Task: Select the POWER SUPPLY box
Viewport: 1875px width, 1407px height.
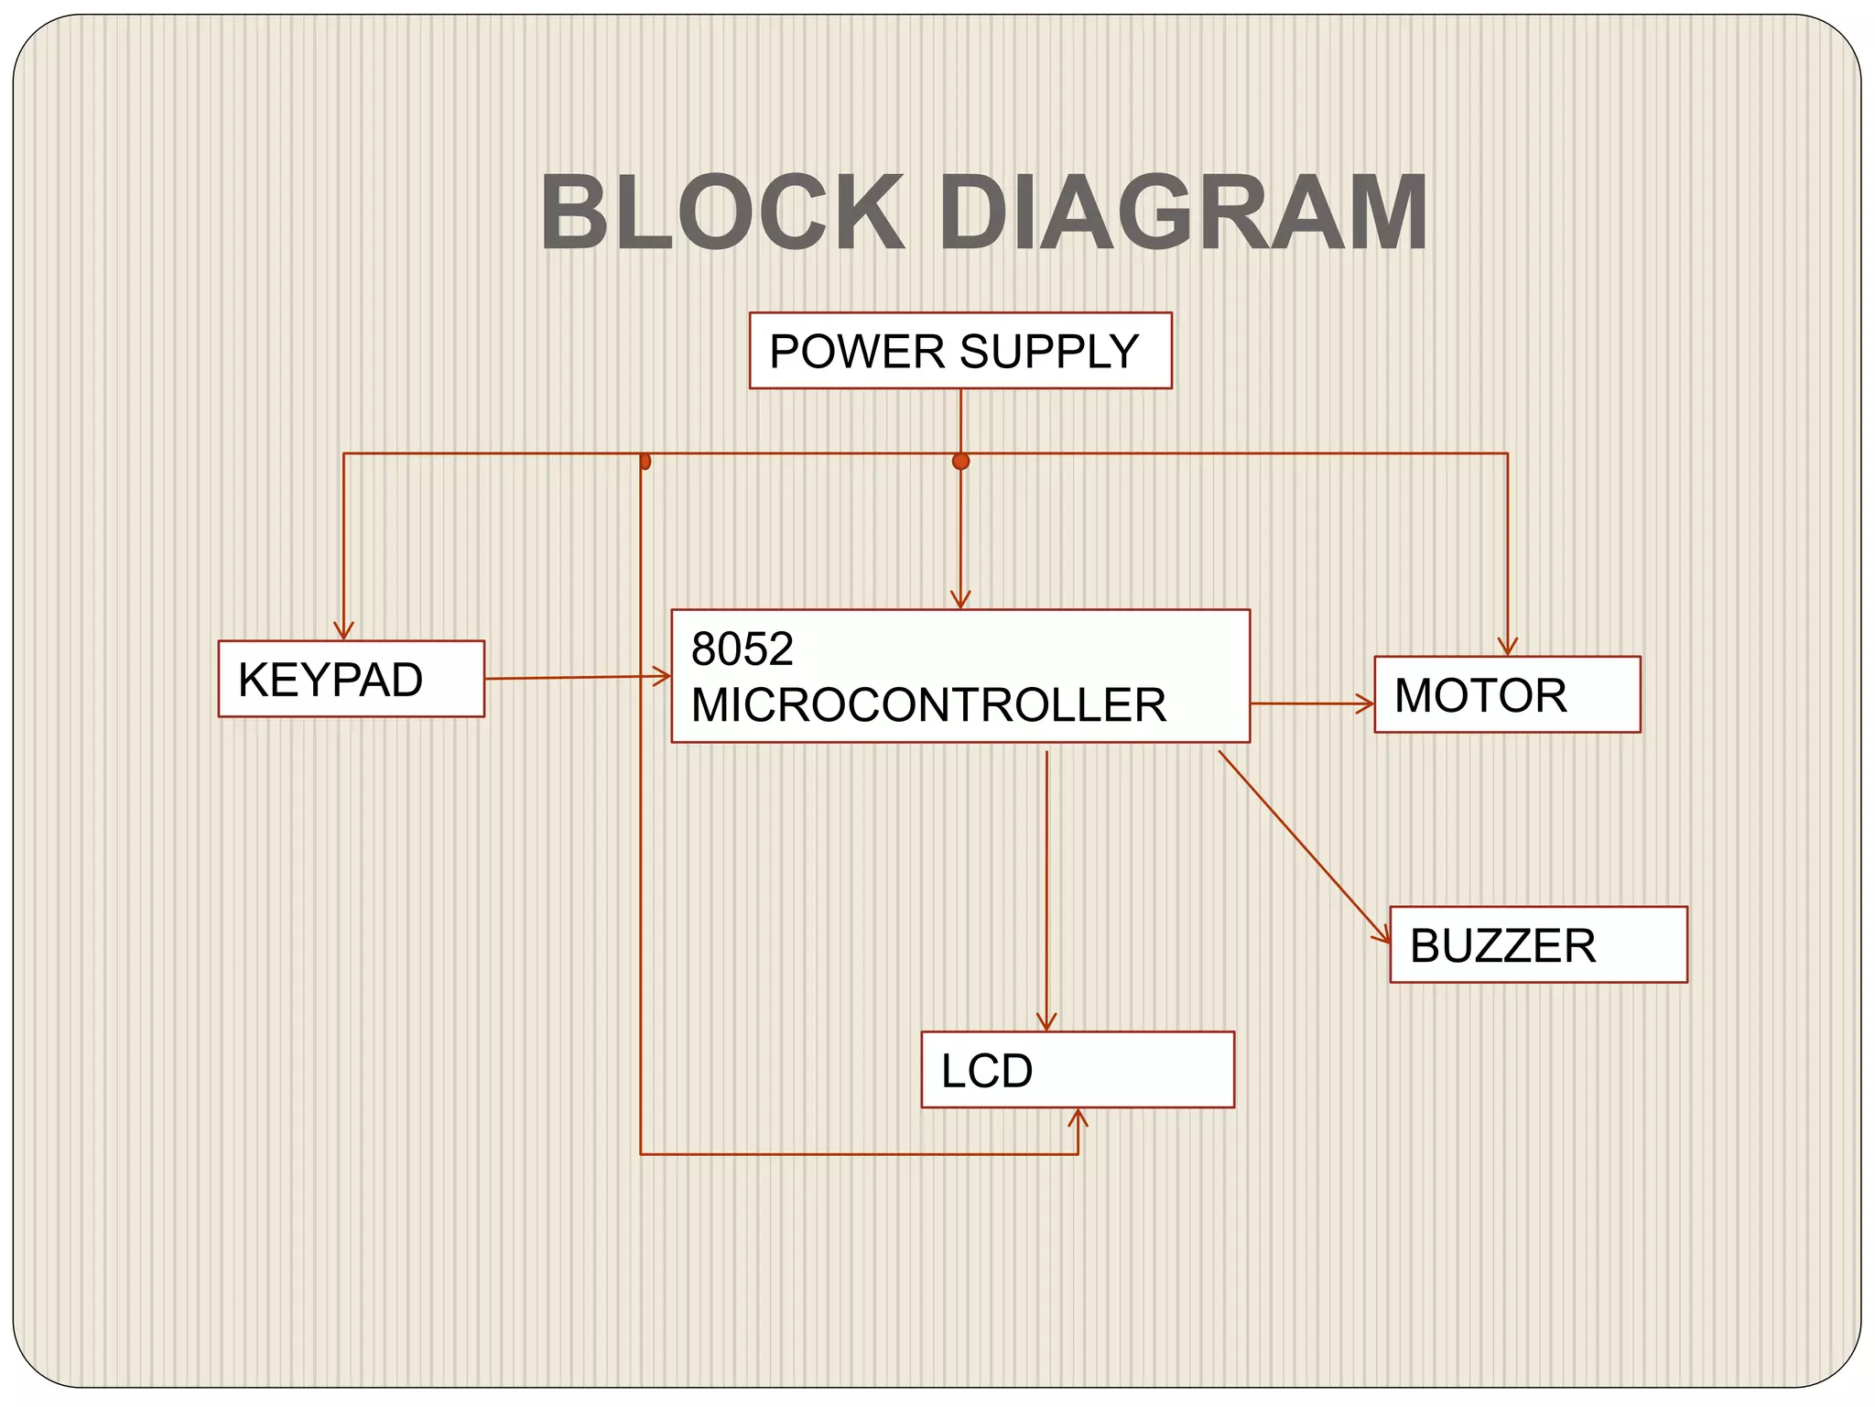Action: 959,351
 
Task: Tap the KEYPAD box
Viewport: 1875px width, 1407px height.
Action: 351,679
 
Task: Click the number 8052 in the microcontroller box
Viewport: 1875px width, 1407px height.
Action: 742,649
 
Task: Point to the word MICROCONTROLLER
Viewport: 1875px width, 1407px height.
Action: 928,704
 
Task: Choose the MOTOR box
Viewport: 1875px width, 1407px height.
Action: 1507,694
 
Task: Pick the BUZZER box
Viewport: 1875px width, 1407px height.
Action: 1538,944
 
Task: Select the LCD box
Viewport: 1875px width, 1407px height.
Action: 1077,1070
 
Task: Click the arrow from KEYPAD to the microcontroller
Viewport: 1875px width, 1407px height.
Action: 577,678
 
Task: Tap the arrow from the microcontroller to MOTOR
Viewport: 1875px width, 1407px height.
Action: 1311,703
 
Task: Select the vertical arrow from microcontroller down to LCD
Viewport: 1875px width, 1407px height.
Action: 1046,889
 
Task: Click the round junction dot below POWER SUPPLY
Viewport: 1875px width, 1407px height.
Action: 960,461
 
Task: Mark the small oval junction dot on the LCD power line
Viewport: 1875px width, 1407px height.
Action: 645,461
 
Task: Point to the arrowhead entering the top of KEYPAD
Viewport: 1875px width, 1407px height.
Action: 343,632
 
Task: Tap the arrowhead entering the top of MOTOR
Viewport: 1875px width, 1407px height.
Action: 1507,647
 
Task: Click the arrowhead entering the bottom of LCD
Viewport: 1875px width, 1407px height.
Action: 1078,1118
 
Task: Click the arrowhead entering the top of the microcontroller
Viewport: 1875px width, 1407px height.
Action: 960,600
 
